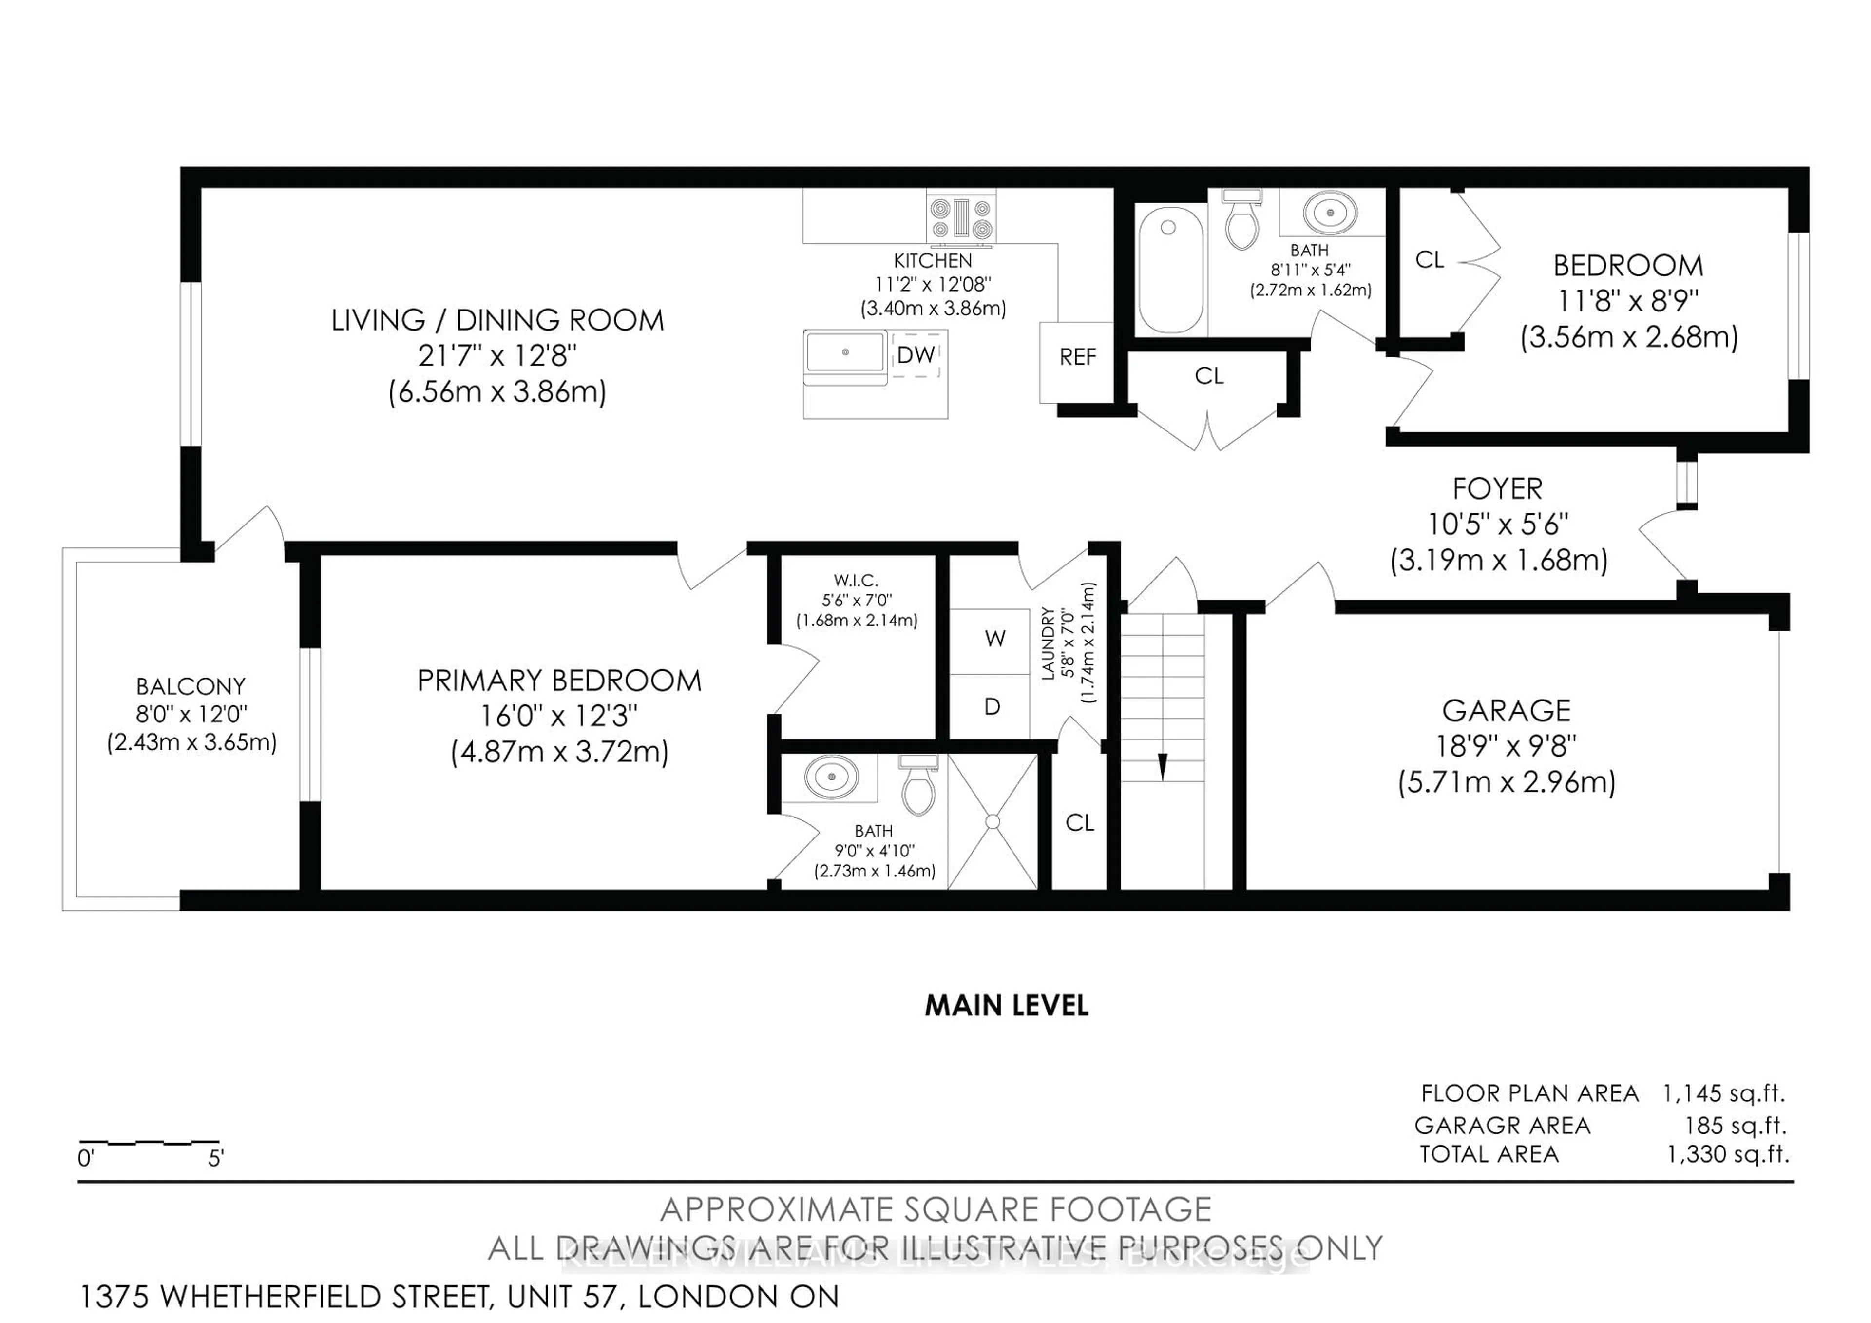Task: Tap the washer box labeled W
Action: pyautogui.click(x=993, y=639)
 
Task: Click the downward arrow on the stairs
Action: pyautogui.click(x=1162, y=766)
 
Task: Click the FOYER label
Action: pyautogui.click(x=1497, y=489)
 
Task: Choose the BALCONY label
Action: pyautogui.click(x=191, y=686)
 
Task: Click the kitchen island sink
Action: pyautogui.click(x=845, y=352)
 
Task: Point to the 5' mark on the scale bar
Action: pyautogui.click(x=215, y=1158)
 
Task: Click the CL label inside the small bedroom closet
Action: pyautogui.click(x=1430, y=260)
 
